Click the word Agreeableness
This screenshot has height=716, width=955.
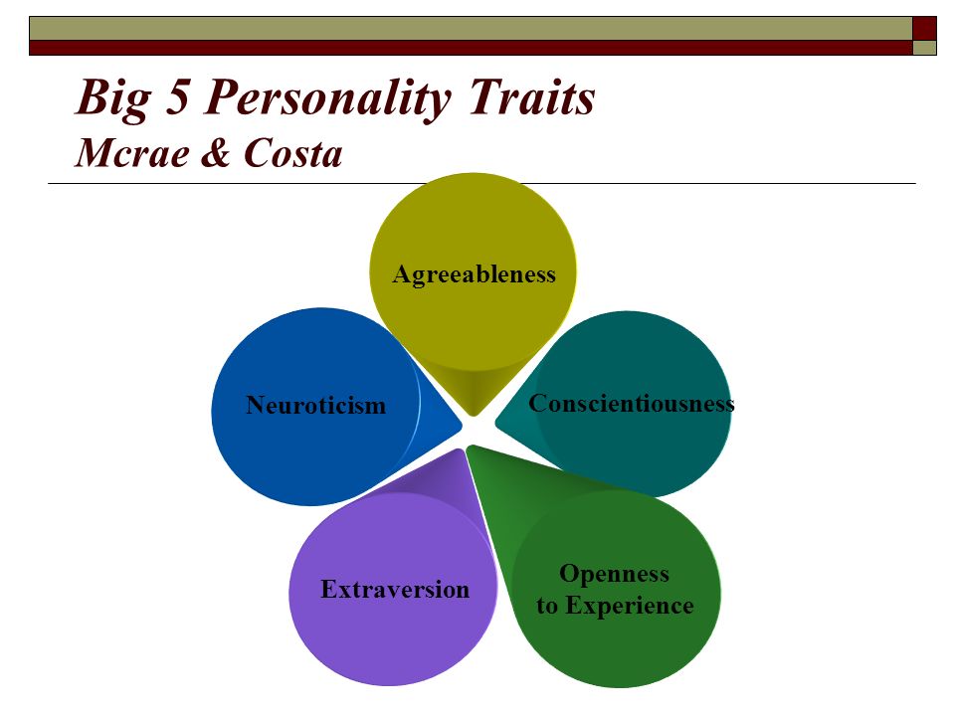click(474, 275)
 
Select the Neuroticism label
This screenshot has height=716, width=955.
click(315, 405)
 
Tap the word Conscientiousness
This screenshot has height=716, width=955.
click(631, 403)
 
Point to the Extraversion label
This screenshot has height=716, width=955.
click(395, 590)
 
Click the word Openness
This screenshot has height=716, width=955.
click(614, 574)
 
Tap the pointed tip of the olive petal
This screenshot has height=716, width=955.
click(474, 416)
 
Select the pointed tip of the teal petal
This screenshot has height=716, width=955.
click(495, 422)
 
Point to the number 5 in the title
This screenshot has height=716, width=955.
click(178, 96)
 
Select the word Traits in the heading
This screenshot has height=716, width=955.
click(531, 96)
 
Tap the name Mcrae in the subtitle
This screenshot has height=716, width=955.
click(131, 152)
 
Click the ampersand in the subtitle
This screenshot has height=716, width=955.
click(216, 152)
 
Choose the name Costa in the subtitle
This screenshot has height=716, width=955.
click(292, 152)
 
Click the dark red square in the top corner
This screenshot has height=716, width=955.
click(924, 29)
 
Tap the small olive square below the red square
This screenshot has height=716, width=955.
click(924, 48)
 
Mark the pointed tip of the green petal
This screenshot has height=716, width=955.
click(468, 447)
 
